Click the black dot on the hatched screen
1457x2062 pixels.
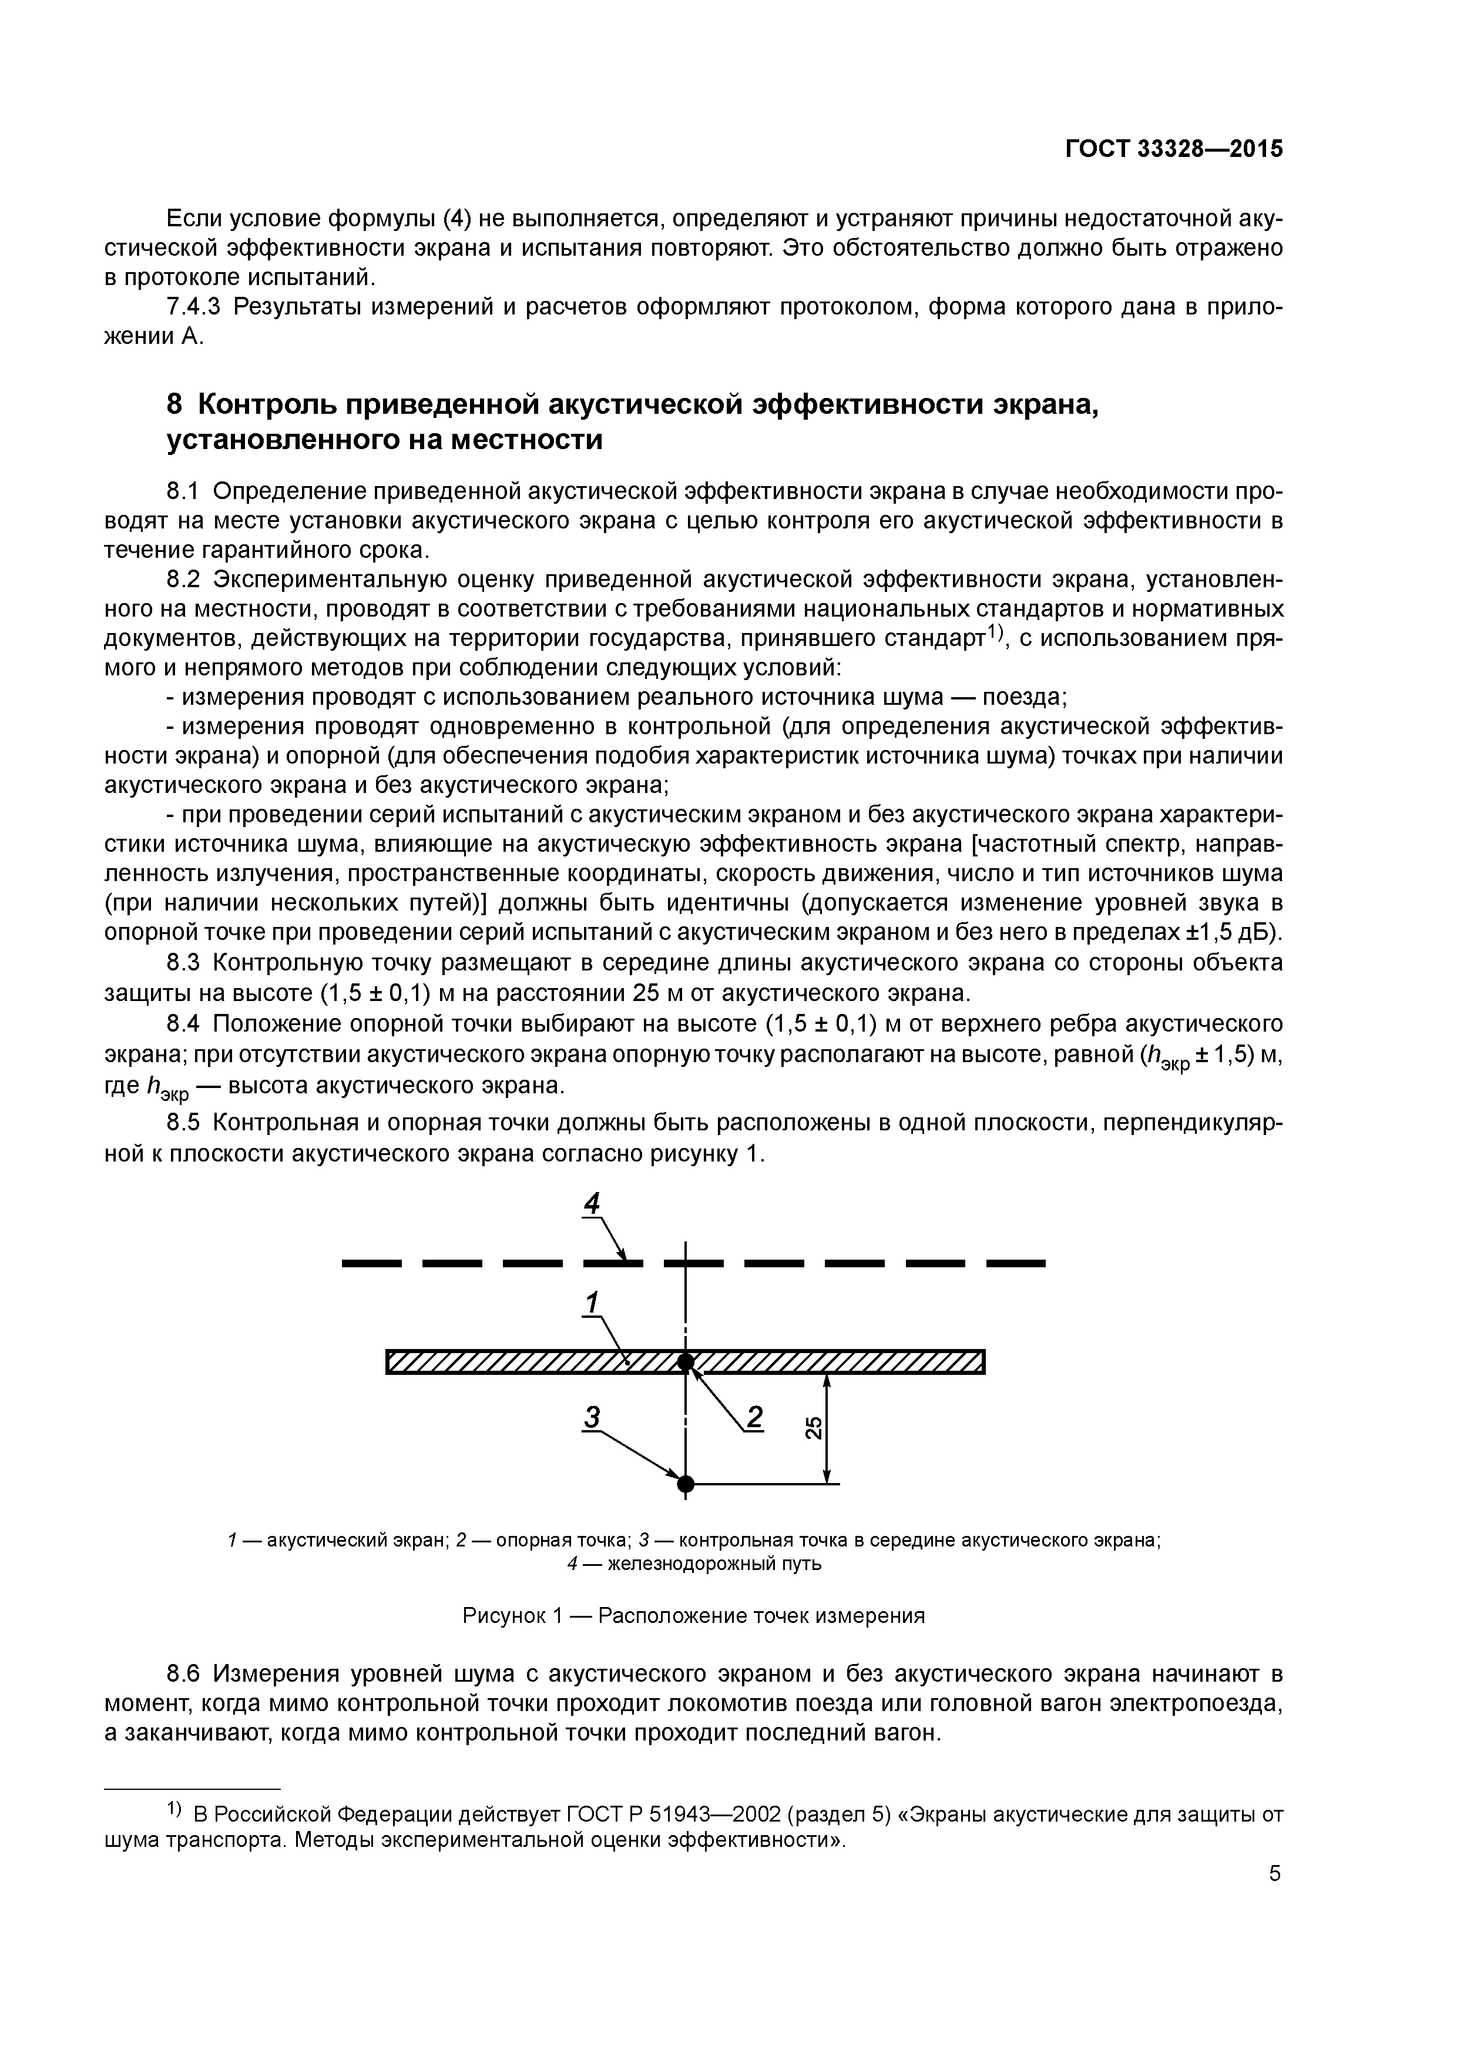click(685, 1363)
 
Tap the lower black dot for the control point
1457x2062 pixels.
click(685, 1483)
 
